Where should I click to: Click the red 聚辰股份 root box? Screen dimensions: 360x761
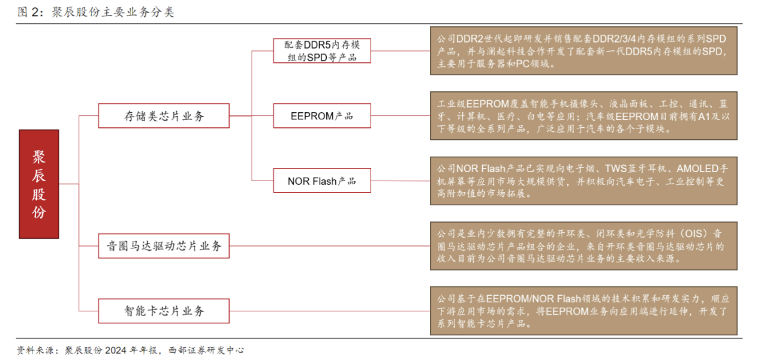click(39, 184)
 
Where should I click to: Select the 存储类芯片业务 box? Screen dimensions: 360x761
click(164, 116)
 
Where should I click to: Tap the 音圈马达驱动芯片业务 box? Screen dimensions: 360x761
click(164, 246)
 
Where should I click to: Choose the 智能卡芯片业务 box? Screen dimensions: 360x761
click(164, 311)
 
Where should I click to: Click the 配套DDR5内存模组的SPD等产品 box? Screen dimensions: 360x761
click(321, 51)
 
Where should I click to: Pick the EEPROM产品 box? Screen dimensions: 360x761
click(321, 116)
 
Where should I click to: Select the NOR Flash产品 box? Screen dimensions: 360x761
click(321, 181)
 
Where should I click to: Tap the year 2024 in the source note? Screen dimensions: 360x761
click(118, 350)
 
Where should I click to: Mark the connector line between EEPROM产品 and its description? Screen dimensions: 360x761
click(400, 116)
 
